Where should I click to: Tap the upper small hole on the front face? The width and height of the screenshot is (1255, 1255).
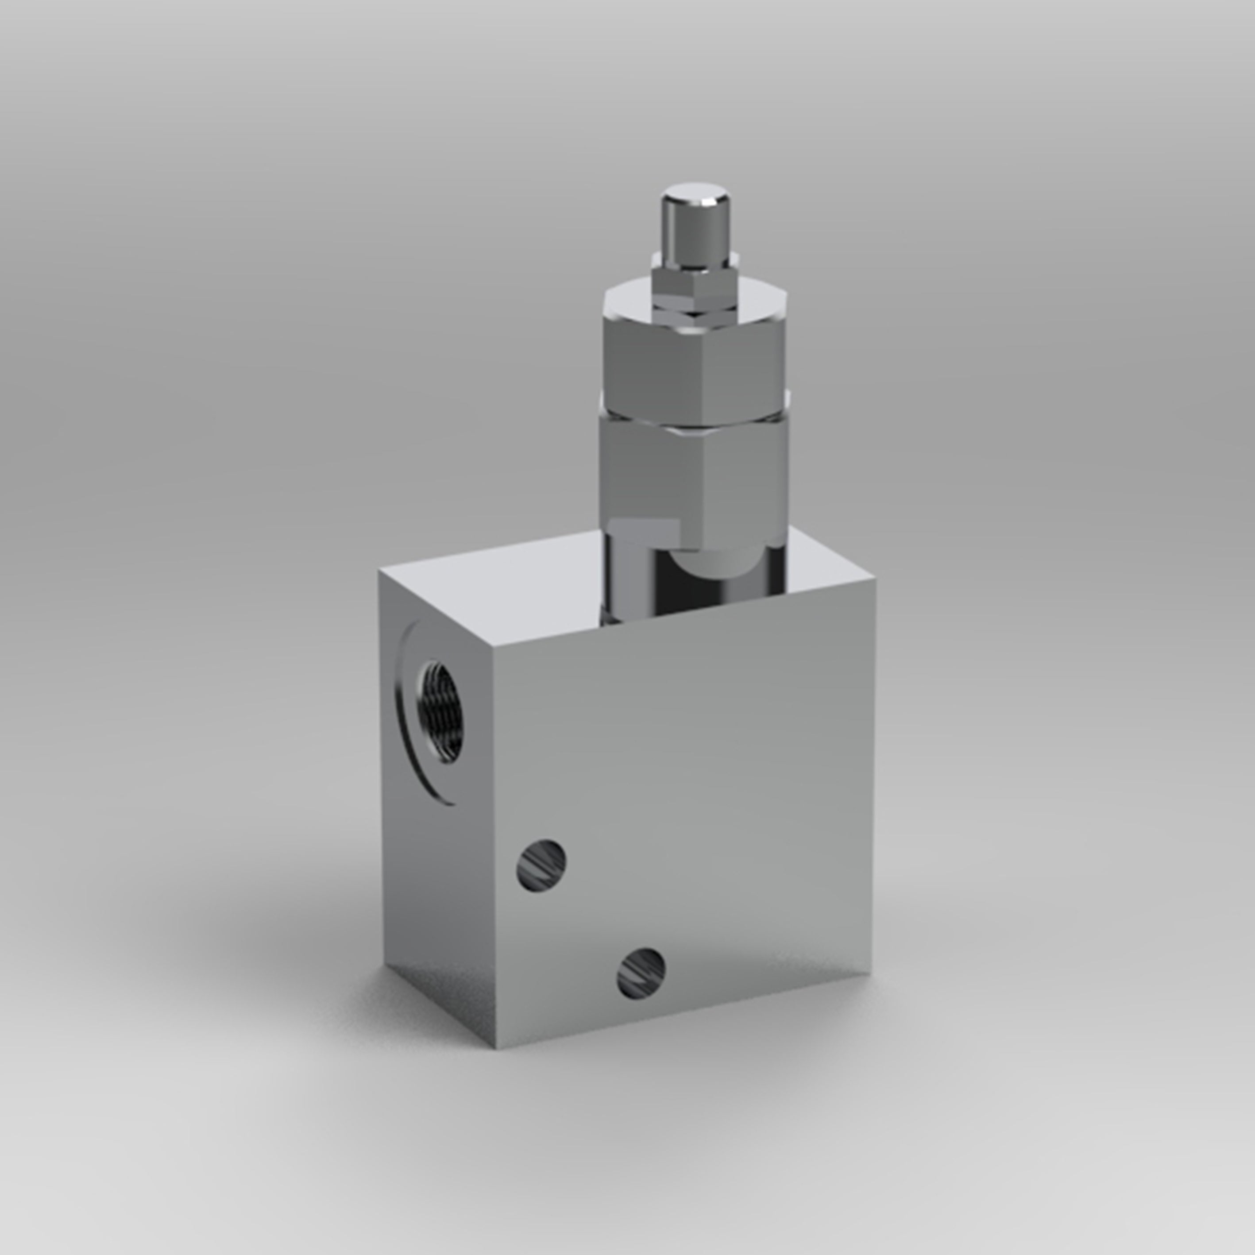point(541,865)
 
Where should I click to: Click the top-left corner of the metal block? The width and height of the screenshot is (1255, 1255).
point(380,572)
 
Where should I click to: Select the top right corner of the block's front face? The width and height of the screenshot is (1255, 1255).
point(874,580)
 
